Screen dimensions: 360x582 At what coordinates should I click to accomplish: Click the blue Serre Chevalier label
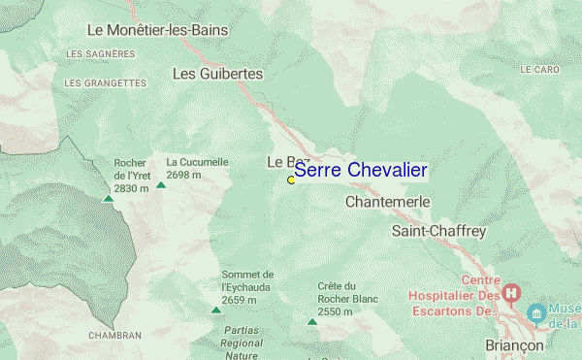360,171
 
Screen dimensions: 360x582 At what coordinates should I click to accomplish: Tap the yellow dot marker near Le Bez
291,180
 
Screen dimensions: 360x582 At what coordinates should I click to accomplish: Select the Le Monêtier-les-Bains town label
171,30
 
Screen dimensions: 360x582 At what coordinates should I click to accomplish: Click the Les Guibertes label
217,73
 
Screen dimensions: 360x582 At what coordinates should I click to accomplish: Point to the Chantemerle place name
387,202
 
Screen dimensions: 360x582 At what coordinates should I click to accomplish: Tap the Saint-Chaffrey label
437,231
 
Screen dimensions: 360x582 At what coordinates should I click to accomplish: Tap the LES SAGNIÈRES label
99,53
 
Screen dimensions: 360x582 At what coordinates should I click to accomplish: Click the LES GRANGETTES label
104,83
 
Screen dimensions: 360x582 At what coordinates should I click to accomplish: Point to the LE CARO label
539,70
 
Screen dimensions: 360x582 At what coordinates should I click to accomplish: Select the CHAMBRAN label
114,336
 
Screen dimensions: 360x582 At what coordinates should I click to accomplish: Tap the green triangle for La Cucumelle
161,183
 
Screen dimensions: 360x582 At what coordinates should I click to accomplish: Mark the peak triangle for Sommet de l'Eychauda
216,310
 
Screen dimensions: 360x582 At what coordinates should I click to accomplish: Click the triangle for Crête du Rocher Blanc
311,322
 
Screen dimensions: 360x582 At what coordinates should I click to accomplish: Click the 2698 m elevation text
183,176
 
